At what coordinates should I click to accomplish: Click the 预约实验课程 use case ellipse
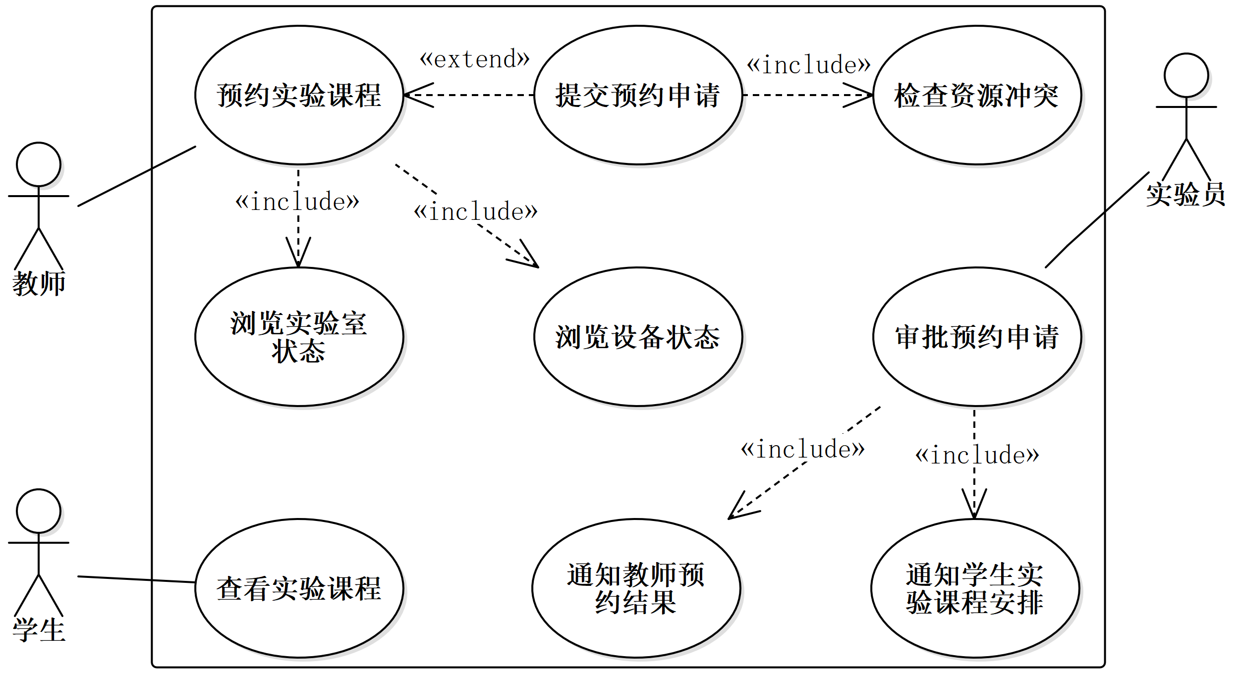coord(299,95)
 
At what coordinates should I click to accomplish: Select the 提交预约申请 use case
coord(638,95)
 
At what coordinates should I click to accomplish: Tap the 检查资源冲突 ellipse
coord(976,95)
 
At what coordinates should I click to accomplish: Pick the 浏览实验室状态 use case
coord(299,337)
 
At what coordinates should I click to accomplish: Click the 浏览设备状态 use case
coord(638,337)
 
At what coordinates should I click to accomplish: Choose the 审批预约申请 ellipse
coord(976,337)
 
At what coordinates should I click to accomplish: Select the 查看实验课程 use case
coord(299,588)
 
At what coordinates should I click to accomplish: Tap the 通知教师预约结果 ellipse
coord(636,588)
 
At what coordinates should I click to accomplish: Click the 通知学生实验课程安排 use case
coord(975,588)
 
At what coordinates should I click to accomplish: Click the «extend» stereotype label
coord(474,59)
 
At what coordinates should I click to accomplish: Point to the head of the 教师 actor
coord(39,164)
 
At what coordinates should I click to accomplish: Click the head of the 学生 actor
coord(39,511)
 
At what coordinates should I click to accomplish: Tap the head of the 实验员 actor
coord(1186,75)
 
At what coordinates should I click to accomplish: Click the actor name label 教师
coord(39,284)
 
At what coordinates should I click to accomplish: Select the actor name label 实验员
coord(1185,194)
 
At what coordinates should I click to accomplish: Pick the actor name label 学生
coord(39,630)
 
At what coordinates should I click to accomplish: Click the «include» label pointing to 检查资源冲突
coord(808,65)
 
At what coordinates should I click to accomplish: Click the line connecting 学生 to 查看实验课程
coord(136,579)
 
